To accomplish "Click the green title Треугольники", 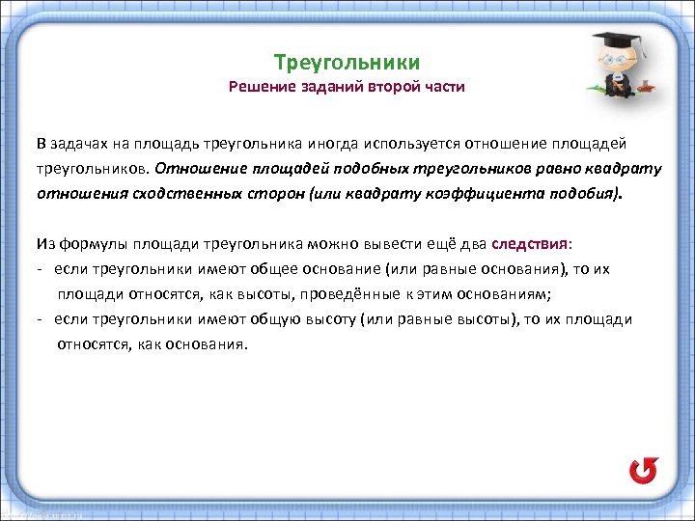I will [x=347, y=63].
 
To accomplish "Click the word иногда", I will [x=333, y=144].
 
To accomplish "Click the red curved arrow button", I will [x=642, y=470].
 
